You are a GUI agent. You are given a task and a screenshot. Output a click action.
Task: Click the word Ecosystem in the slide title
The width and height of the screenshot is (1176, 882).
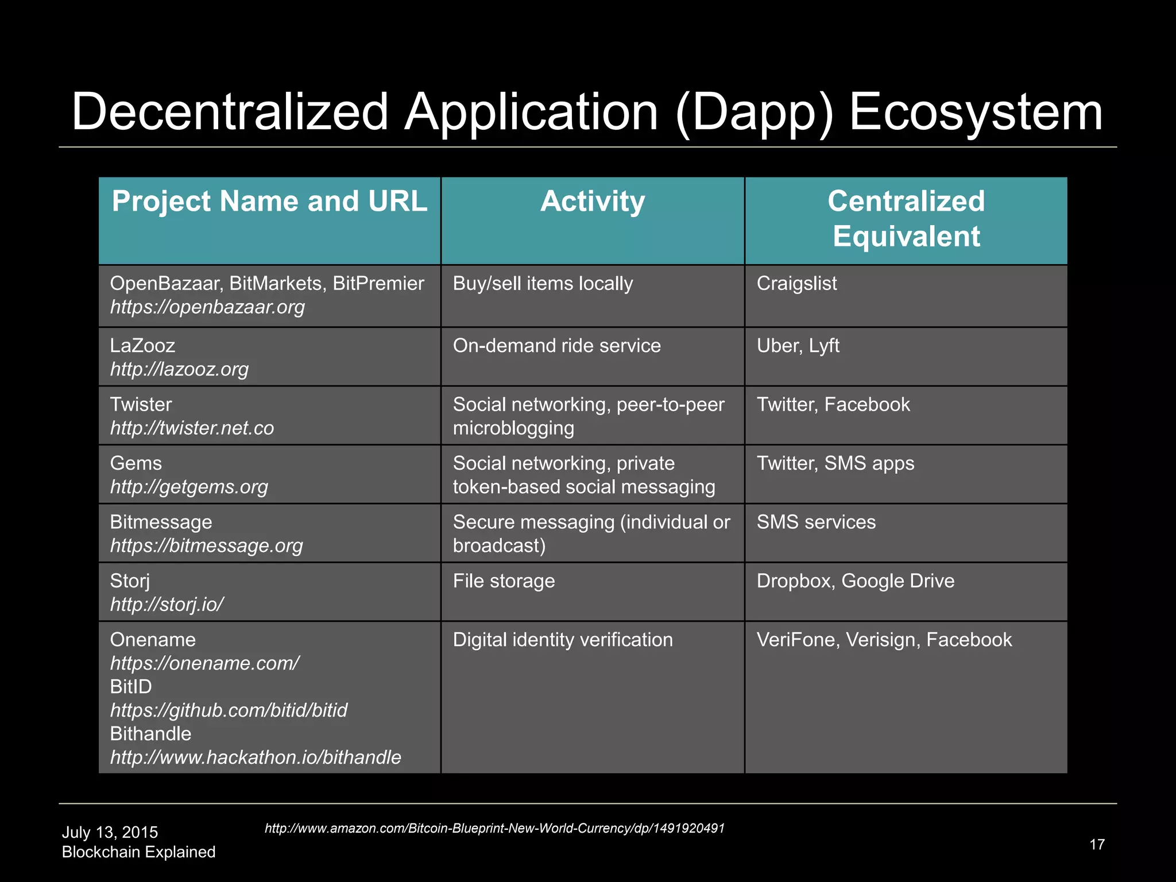975,113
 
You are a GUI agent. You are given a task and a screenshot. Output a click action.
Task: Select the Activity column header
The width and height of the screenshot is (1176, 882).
593,202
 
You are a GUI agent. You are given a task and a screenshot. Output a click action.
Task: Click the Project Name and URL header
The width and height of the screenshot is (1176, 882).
269,202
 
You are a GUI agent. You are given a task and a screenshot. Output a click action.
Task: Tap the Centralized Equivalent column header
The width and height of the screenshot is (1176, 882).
906,219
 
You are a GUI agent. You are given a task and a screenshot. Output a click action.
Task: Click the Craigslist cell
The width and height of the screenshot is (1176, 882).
796,284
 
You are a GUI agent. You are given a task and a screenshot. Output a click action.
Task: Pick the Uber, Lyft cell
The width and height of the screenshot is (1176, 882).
798,346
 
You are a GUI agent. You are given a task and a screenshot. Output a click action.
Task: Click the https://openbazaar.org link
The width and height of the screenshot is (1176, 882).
207,307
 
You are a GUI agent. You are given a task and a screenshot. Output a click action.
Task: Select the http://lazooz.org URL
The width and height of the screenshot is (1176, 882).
179,369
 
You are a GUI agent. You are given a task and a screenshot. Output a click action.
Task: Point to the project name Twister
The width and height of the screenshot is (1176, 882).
141,404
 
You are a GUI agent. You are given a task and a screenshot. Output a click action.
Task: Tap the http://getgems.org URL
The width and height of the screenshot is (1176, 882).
189,487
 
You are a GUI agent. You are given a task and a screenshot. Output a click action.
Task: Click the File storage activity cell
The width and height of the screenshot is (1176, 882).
504,581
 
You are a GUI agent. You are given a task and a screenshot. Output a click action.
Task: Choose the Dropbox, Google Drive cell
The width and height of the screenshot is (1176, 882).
855,581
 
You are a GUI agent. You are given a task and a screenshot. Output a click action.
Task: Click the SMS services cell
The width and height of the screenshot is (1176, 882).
816,522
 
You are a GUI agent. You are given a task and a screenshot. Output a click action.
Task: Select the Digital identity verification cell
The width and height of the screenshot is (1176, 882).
563,640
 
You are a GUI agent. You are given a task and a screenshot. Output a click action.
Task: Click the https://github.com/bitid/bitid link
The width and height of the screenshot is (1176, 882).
229,710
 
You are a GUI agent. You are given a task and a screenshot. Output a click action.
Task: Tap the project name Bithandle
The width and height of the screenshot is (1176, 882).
150,734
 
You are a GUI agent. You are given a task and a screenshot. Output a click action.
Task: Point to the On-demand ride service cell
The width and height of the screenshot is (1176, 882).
556,346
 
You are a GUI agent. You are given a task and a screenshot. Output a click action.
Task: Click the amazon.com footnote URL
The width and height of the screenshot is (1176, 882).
494,828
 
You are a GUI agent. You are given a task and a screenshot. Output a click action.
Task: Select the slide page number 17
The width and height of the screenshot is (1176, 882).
1097,844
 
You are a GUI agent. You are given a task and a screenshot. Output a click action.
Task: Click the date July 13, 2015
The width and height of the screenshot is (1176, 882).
110,833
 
